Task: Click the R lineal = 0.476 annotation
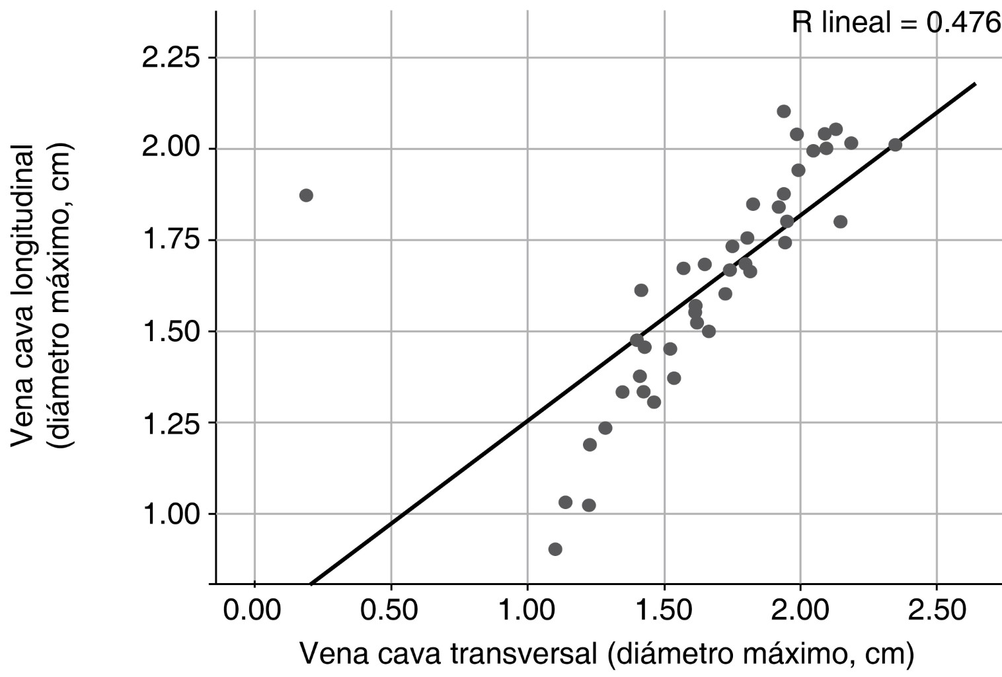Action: [x=896, y=24]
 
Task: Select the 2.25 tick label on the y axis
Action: [x=171, y=58]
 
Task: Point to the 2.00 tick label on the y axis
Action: [x=171, y=149]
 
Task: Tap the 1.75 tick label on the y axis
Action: [x=171, y=240]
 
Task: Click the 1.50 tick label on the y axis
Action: [x=171, y=331]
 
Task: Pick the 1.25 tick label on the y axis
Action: [x=171, y=422]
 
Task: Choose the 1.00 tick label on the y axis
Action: [x=171, y=514]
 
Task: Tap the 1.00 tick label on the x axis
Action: [x=527, y=610]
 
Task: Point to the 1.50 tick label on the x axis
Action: [x=664, y=610]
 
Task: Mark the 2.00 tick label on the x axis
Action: [x=800, y=610]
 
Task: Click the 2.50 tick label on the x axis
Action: [x=937, y=610]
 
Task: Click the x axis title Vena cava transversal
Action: [x=607, y=653]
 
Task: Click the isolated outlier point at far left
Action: [x=306, y=195]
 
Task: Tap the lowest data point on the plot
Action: [x=555, y=549]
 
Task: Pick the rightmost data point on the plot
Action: [x=895, y=145]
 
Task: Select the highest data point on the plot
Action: [x=784, y=111]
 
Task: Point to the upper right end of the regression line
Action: [x=975, y=84]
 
